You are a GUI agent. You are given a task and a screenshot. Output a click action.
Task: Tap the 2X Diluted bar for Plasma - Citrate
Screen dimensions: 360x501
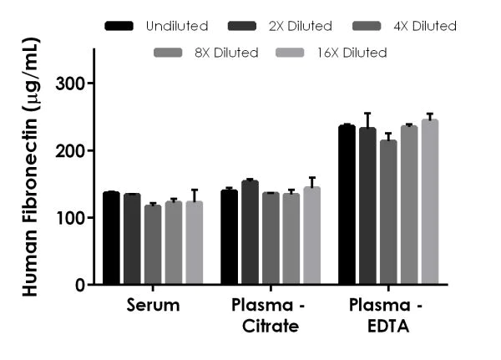(x=250, y=233)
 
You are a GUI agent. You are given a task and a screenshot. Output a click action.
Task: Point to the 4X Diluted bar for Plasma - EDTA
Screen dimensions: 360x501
(x=388, y=212)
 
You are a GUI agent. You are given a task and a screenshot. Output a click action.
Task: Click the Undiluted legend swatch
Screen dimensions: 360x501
(x=119, y=27)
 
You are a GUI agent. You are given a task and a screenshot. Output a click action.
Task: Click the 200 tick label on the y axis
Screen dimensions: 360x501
(x=71, y=151)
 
